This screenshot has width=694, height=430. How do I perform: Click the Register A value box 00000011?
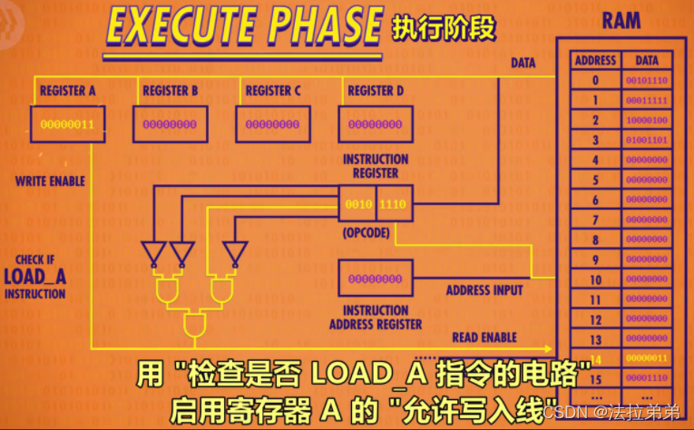(x=67, y=123)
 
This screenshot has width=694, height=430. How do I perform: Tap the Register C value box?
(x=267, y=124)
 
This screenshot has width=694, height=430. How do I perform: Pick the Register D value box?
(x=369, y=124)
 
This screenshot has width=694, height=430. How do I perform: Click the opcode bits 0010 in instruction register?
(x=359, y=205)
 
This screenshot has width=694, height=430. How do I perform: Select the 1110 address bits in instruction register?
(x=392, y=205)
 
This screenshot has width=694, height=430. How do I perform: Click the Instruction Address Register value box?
(x=375, y=279)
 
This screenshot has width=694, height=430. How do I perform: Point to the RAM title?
(x=622, y=21)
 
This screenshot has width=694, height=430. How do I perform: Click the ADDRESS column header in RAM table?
(x=595, y=61)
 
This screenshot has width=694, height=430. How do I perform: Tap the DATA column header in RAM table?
(x=648, y=61)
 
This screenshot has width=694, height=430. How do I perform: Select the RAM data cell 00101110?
(x=648, y=81)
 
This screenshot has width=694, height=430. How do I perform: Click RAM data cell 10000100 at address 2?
(x=648, y=121)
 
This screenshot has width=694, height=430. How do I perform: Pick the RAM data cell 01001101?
(x=648, y=141)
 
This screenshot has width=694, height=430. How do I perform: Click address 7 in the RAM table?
(x=595, y=220)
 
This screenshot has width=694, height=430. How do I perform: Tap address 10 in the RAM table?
(x=595, y=279)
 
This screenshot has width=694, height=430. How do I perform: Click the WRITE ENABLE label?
(x=50, y=181)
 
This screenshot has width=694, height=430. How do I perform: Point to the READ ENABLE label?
(x=484, y=337)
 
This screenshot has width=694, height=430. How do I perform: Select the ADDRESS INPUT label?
(x=484, y=290)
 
